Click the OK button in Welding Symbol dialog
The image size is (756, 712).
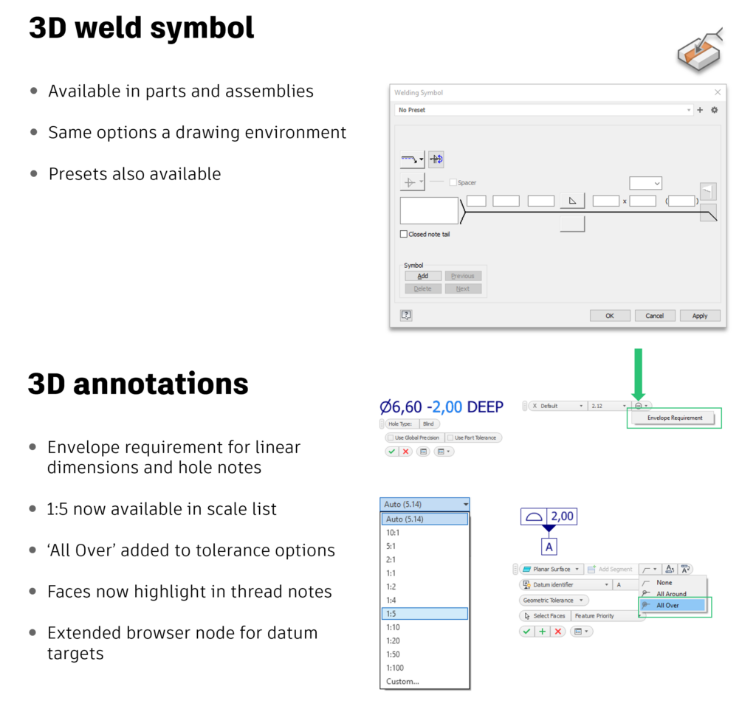click(x=609, y=316)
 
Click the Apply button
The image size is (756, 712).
click(x=699, y=316)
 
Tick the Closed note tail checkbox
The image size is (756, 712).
click(x=404, y=234)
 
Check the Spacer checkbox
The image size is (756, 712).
click(x=453, y=182)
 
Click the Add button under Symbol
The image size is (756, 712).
click(x=423, y=276)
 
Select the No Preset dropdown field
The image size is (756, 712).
click(x=543, y=110)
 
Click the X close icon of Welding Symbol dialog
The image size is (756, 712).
click(x=718, y=92)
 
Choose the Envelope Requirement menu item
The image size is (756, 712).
click(x=674, y=418)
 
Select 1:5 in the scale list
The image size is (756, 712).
click(x=425, y=614)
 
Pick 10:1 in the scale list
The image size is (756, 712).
click(x=425, y=532)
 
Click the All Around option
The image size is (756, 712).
click(x=670, y=594)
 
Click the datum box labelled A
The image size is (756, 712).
click(x=549, y=547)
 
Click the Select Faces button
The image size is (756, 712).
click(x=545, y=615)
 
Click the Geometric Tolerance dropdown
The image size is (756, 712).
click(x=554, y=600)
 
